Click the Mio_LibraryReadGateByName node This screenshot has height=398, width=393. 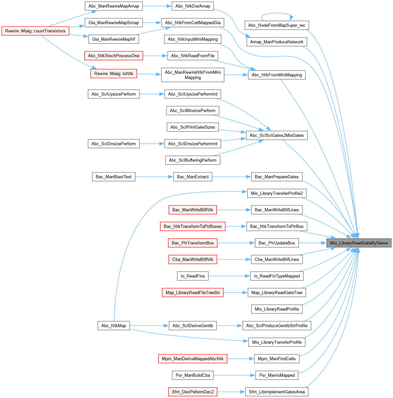(x=359, y=243)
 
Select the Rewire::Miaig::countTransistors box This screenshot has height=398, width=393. (x=35, y=31)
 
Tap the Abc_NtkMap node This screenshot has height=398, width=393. (x=113, y=326)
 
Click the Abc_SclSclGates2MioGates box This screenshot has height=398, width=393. (x=277, y=135)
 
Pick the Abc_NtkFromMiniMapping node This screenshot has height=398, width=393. (x=277, y=75)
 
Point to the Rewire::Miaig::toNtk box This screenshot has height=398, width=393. (x=113, y=73)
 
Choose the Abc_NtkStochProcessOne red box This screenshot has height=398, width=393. (x=113, y=56)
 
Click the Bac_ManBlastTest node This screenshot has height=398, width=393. (x=113, y=177)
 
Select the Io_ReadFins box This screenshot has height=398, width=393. (x=192, y=276)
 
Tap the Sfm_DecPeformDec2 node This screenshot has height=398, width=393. (x=193, y=392)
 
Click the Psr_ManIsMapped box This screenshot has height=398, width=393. (x=277, y=375)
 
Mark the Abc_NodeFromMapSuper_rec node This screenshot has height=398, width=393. (x=277, y=25)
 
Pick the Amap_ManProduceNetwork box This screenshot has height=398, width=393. (x=277, y=42)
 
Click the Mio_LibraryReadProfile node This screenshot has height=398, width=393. (x=277, y=309)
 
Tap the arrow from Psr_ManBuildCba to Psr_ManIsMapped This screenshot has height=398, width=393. (x=234, y=375)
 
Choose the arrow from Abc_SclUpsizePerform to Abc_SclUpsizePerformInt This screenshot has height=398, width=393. (x=152, y=94)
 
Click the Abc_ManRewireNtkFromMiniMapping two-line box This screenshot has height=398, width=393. (x=192, y=75)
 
